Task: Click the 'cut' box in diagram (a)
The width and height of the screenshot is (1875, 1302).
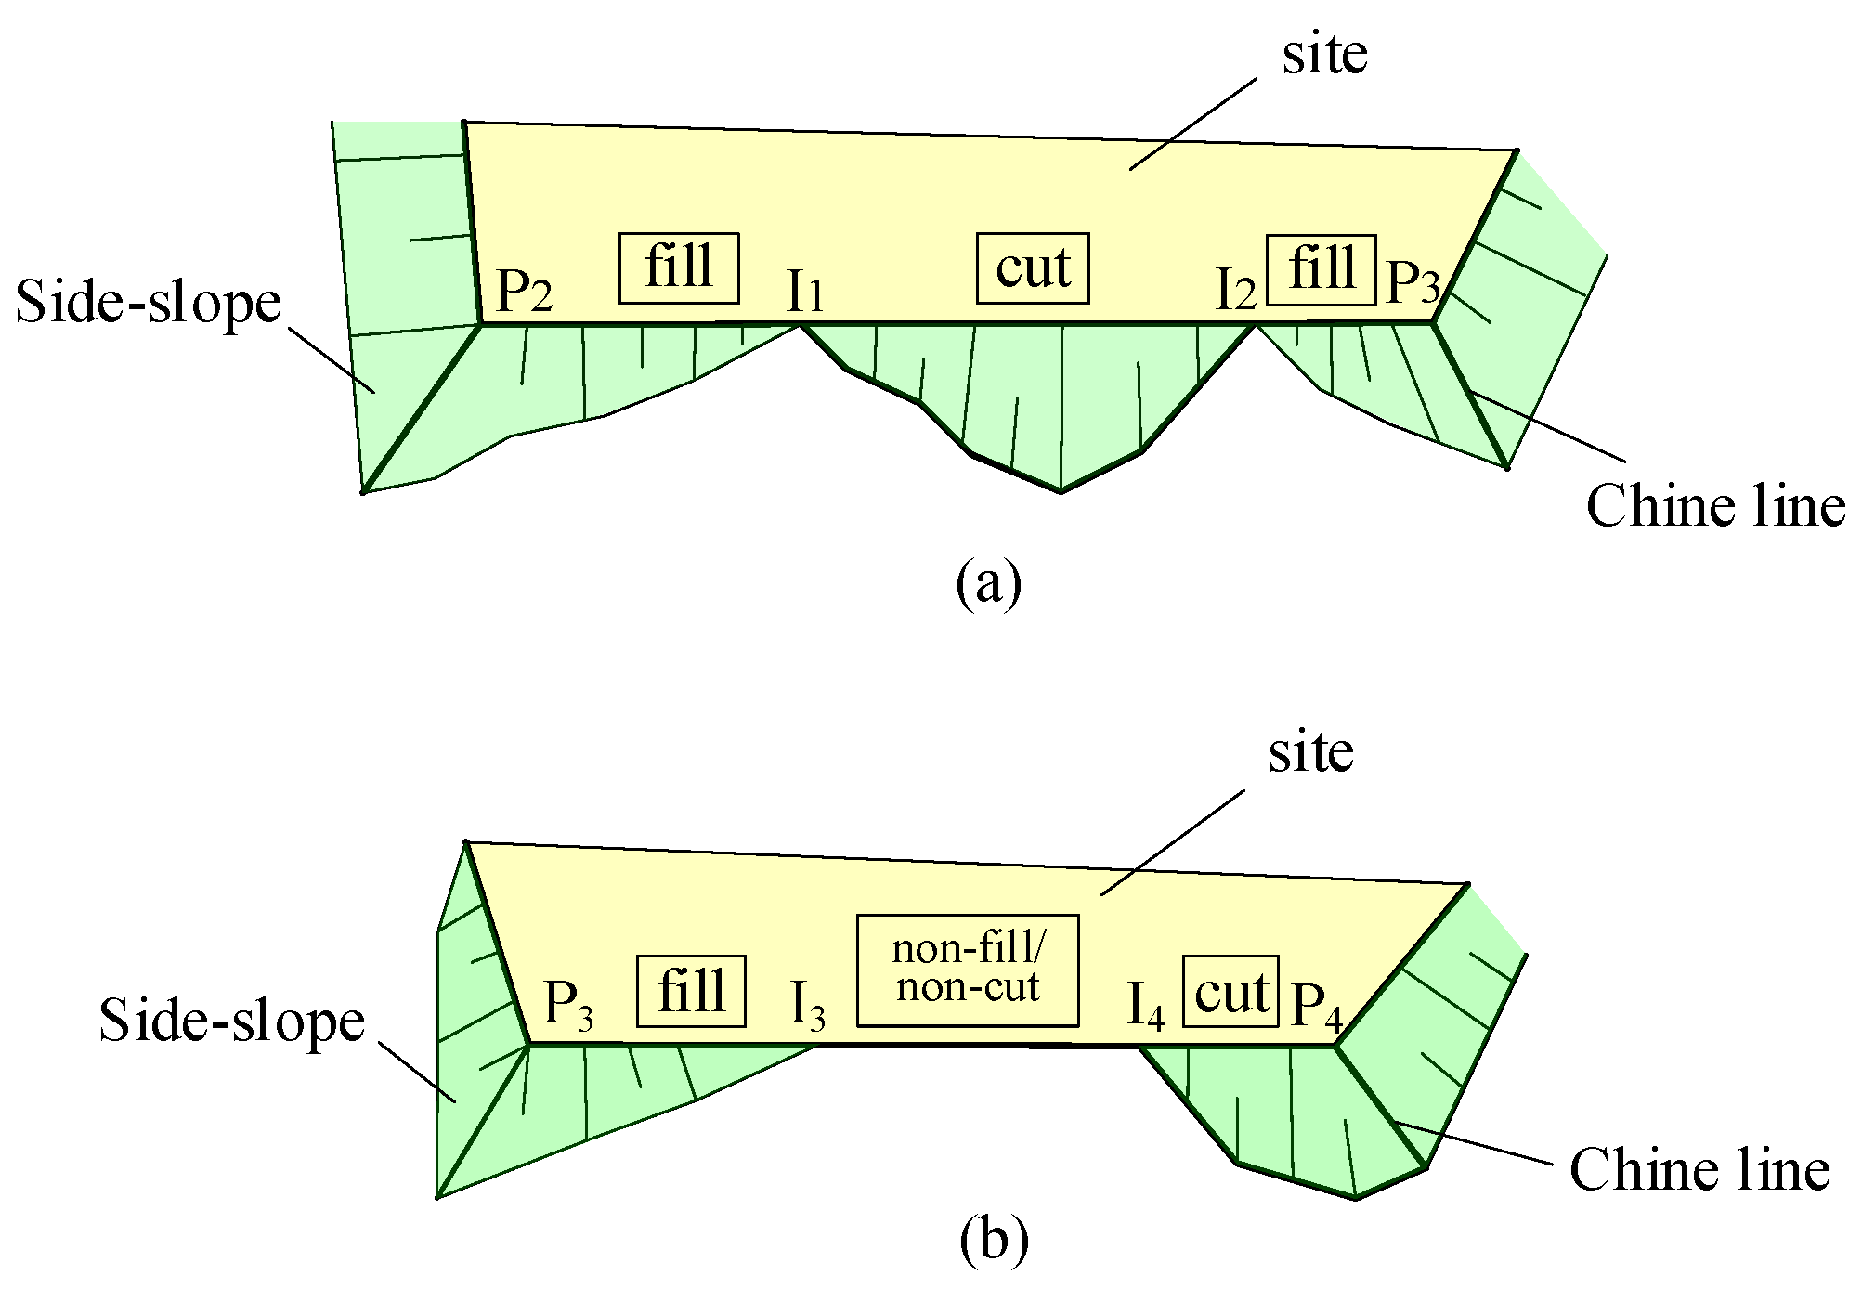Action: (1032, 268)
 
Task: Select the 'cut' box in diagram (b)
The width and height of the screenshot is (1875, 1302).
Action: (1230, 992)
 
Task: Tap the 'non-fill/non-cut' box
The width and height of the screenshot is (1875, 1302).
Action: (968, 970)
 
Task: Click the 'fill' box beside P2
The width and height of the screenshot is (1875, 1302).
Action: (679, 268)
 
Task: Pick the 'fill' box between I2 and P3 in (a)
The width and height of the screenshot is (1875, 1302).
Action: (1321, 269)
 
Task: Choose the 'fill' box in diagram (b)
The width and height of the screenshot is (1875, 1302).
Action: (691, 992)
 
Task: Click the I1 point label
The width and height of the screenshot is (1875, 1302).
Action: (804, 293)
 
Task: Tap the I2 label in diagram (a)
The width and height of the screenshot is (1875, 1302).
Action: (1236, 293)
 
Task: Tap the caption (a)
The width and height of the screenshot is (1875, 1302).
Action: (988, 583)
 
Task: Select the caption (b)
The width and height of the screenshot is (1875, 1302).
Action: (994, 1241)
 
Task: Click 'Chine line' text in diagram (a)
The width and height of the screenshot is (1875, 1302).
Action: (1715, 507)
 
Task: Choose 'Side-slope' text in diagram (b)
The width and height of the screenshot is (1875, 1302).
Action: (232, 1021)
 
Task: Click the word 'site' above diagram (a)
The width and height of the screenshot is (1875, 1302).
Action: (1324, 55)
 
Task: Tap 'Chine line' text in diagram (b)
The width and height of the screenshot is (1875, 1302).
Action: (1699, 1169)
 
